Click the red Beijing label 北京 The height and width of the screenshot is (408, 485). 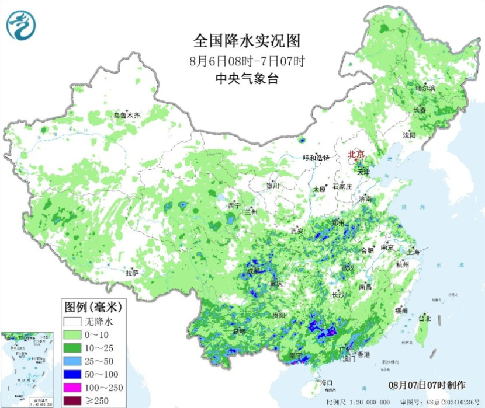coord(356,154)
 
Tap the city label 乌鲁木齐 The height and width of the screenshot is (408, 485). coord(127,116)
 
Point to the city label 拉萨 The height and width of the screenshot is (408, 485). coord(132,272)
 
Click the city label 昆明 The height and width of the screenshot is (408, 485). coord(239,331)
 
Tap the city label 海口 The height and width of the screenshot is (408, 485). coord(327,383)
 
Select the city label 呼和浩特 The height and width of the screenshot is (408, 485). coord(316,158)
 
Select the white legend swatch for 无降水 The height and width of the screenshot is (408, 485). coord(72,321)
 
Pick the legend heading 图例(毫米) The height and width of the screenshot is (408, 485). coord(92,306)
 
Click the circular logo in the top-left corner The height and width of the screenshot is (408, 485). coord(22,25)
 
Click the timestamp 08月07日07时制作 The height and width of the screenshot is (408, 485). coord(428,385)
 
